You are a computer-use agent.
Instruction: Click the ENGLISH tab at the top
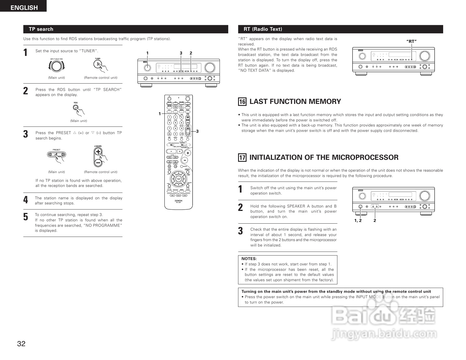pos(24,8)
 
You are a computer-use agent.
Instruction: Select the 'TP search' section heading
pos(41,29)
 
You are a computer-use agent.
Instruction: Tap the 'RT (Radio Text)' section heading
pos(263,29)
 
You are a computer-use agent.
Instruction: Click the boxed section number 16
pos(242,102)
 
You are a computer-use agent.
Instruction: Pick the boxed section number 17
pos(242,158)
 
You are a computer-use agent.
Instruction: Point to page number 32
pos(21,344)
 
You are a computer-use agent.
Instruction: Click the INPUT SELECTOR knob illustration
pos(56,66)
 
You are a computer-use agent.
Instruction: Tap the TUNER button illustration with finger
pos(98,65)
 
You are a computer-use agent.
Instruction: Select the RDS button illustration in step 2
pos(76,108)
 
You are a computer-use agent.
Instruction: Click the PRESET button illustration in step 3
pos(56,154)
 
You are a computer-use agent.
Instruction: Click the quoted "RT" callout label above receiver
pos(411,41)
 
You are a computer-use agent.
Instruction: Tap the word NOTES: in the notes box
pos(249,259)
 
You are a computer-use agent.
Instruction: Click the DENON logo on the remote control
pos(179,200)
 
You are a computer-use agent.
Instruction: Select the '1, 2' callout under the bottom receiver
pos(358,221)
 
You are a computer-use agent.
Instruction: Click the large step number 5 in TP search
pos(26,217)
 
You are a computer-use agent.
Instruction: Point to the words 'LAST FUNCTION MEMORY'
pos(295,102)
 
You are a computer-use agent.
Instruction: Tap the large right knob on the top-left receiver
pos(210,67)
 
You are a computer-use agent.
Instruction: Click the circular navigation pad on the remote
pos(179,178)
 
